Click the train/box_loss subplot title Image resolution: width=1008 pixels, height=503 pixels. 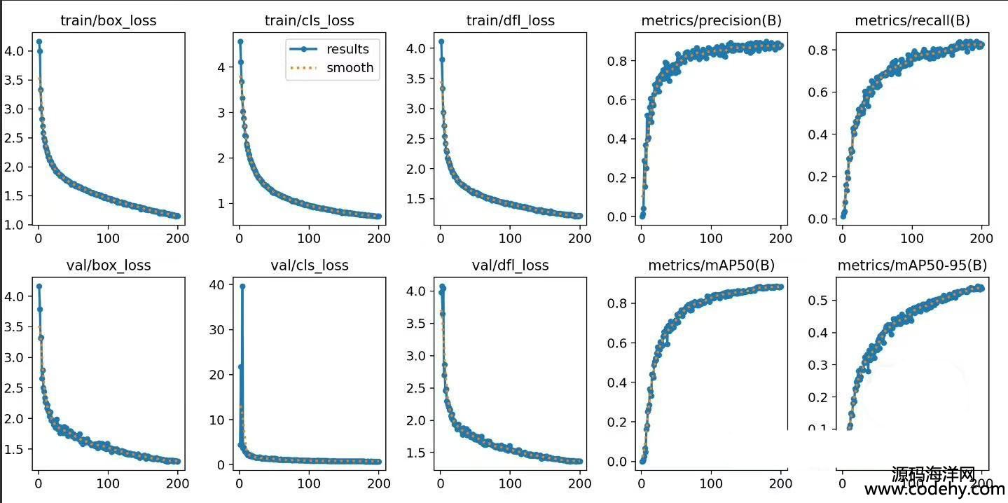point(109,20)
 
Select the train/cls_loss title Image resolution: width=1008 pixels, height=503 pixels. point(309,20)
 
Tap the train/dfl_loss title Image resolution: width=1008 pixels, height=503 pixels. point(510,20)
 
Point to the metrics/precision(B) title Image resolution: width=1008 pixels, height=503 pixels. point(711,20)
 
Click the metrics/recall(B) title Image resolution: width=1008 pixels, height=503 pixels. point(912,20)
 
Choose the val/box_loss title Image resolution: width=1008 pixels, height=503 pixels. point(109,266)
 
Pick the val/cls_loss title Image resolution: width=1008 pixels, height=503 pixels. point(309,266)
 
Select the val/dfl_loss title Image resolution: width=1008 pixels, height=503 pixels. point(510,266)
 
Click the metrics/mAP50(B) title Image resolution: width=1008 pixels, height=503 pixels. point(711,266)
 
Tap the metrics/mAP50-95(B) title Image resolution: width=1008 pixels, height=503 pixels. point(912,266)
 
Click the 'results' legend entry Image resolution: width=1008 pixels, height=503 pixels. point(347,49)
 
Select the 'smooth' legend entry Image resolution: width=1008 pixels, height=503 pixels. point(350,68)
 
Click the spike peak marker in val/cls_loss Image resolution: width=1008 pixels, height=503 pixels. point(242,286)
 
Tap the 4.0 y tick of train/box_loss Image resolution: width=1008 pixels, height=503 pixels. point(15,51)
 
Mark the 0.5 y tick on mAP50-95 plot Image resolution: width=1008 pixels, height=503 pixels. point(817,300)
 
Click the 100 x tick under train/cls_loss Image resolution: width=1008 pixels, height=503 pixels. point(309,238)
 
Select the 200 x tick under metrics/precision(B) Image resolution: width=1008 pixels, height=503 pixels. point(781,238)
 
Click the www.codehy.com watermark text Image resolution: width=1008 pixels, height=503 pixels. point(934,490)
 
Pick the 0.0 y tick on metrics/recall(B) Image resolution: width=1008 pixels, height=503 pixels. point(817,219)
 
